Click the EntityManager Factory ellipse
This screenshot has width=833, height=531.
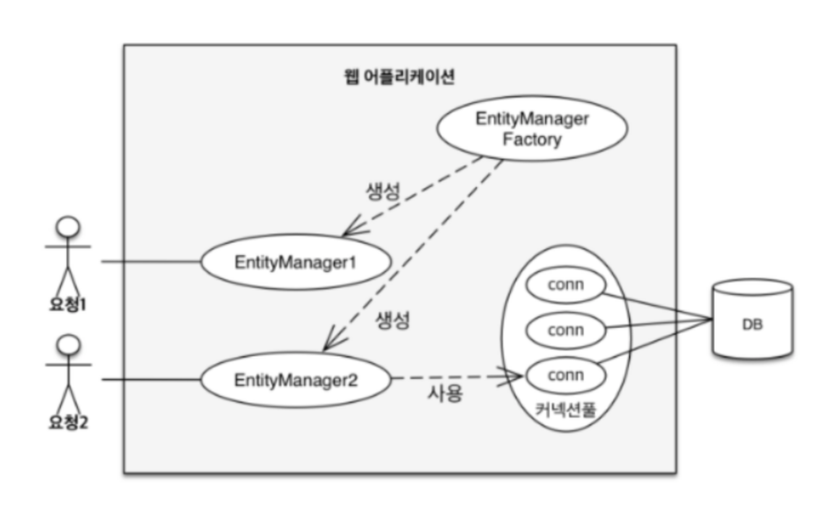click(532, 128)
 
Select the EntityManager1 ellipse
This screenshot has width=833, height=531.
click(295, 262)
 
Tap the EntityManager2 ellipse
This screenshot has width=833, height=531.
click(295, 379)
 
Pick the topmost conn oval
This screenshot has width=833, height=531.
click(565, 285)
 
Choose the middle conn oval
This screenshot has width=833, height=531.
click(565, 330)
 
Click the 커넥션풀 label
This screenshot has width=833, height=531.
click(565, 409)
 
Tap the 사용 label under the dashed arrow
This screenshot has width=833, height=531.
click(445, 393)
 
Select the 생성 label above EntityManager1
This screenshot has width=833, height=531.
click(383, 191)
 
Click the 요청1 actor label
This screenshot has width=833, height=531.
click(67, 304)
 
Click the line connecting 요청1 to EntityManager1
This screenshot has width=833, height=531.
click(151, 262)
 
